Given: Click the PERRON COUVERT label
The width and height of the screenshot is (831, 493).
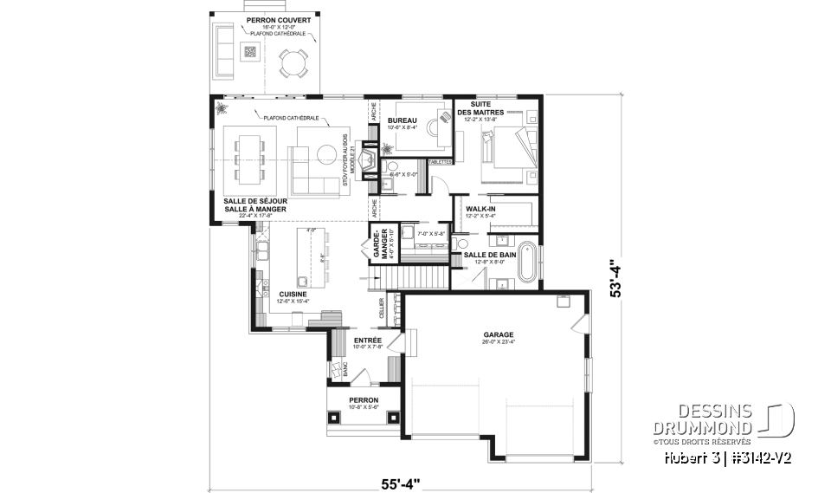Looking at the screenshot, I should point(267,19).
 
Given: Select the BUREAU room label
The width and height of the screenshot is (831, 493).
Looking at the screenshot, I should point(403,120).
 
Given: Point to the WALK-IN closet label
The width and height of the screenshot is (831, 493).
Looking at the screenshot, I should point(480,210).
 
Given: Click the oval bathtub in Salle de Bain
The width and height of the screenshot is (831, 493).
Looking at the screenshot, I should point(526,265).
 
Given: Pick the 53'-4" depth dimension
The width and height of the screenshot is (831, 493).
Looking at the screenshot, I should point(616,279).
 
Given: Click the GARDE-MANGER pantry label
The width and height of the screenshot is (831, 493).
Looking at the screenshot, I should point(377,243).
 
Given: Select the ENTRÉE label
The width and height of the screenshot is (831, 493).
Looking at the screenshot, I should point(368,341).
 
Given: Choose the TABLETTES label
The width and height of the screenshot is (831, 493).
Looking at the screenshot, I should point(440,161).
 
